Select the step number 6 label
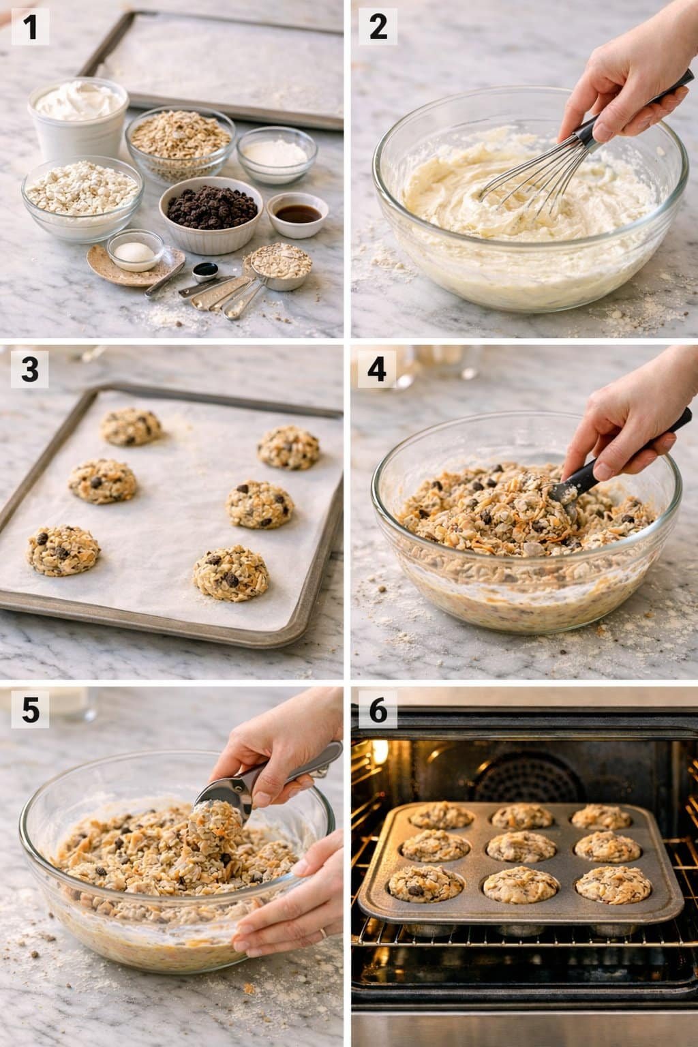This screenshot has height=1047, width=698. (x=377, y=710)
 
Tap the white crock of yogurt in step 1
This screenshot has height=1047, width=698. (x=78, y=116)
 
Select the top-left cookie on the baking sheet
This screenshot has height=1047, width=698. (x=131, y=427)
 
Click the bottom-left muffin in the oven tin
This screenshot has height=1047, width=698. (x=416, y=885)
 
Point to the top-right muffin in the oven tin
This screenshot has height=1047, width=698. (x=601, y=817)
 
